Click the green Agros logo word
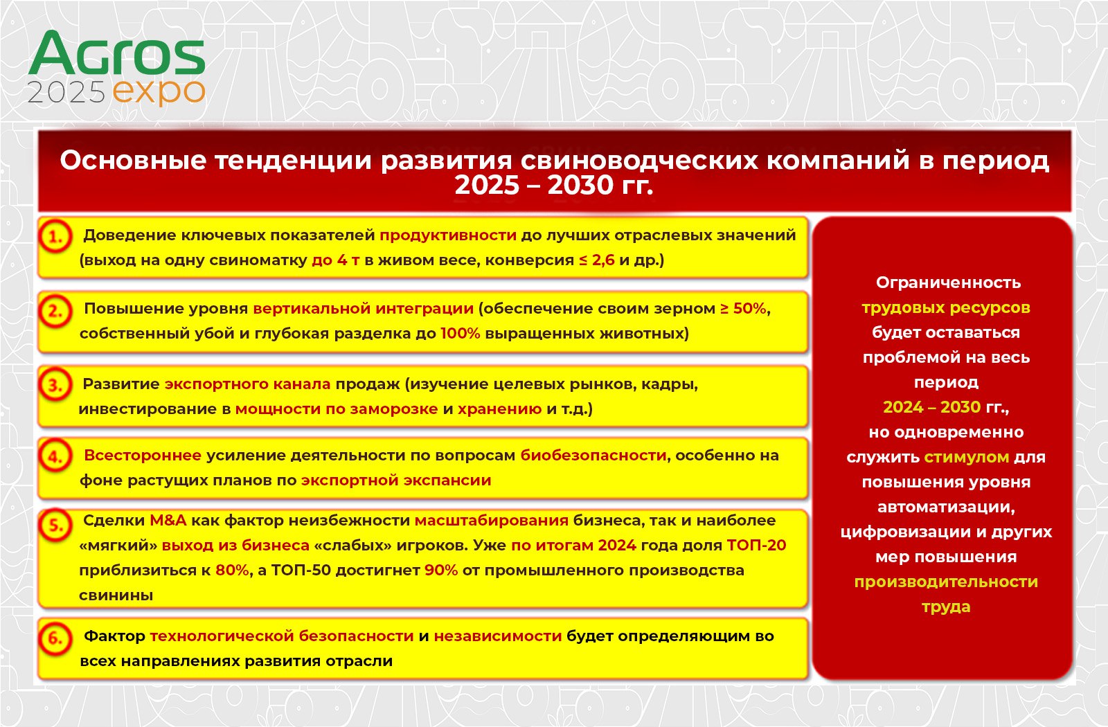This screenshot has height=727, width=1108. (117, 53)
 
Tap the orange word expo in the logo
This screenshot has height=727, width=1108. (159, 93)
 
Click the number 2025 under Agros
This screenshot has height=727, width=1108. (66, 92)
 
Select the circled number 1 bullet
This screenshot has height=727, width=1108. (55, 237)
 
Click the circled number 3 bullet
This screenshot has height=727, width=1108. (55, 384)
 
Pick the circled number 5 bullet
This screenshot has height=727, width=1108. (55, 525)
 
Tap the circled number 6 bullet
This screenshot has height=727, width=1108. (55, 638)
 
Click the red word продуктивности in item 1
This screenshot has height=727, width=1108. (448, 235)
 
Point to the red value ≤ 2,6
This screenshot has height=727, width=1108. (597, 260)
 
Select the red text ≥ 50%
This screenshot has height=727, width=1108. (744, 309)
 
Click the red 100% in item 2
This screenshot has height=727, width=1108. (461, 333)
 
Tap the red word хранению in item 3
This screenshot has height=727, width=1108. (499, 409)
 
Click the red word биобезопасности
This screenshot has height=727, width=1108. (593, 456)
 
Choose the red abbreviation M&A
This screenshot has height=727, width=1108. (168, 520)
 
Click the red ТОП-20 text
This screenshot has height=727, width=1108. (757, 545)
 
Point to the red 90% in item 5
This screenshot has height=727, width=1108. (441, 571)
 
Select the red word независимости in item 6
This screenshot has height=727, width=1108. (498, 636)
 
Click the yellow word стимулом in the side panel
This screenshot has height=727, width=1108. (967, 457)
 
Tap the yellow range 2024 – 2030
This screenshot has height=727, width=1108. (932, 407)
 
